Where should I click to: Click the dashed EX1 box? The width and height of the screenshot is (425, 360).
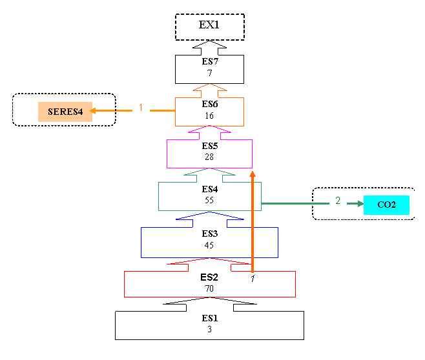coord(210,26)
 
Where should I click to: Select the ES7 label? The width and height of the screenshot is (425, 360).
coord(210,63)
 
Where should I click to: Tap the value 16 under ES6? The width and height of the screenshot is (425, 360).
coord(210,115)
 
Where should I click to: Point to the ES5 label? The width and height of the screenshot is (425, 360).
coord(210,146)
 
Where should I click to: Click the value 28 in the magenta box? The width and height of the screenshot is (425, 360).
coord(210,157)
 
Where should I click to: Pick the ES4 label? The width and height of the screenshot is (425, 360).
coord(210,189)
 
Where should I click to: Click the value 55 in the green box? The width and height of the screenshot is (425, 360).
coord(210,200)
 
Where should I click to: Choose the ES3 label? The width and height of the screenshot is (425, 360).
coord(210,234)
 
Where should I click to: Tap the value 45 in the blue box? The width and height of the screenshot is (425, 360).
coord(210,245)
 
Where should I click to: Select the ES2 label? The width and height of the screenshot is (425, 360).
coord(209,277)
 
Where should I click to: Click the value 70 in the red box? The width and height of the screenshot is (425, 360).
coord(209,288)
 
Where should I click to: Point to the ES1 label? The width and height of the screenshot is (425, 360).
coord(210,318)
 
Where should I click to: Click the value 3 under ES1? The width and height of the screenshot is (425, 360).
coord(210,329)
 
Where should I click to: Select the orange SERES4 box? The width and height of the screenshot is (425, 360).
coord(65,112)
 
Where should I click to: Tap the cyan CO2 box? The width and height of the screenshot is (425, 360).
coord(386,205)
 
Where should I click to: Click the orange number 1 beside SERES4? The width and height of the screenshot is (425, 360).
coord(140,108)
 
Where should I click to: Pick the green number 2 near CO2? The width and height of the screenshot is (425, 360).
coord(337,201)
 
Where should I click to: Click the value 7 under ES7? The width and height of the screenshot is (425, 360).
coord(210,73)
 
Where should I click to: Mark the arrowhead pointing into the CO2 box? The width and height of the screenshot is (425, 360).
coord(358,205)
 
